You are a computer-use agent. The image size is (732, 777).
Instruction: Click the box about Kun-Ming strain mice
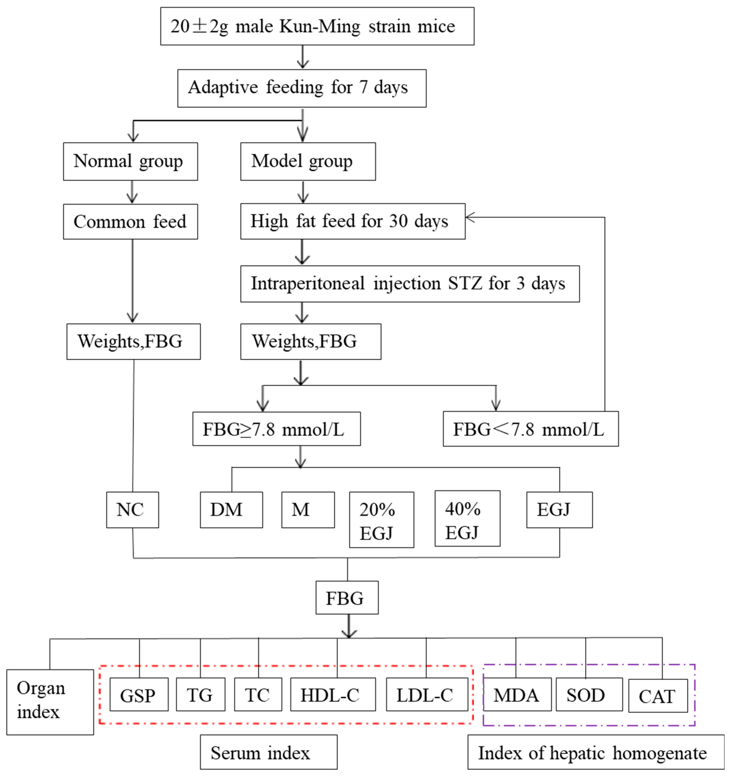(317, 26)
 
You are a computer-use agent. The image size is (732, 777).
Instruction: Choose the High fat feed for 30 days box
(352, 221)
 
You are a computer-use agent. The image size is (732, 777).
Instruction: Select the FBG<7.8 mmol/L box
(530, 429)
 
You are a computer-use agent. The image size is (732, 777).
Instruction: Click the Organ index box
(50, 702)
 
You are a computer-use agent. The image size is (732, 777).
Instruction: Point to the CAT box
(658, 696)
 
